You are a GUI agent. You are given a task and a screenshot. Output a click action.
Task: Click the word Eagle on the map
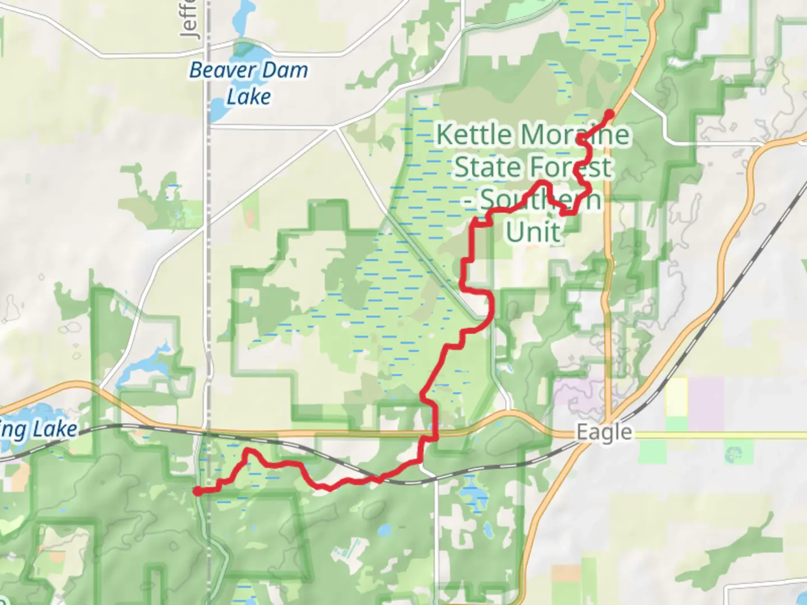(604, 432)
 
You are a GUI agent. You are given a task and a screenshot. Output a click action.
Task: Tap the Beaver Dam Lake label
(249, 83)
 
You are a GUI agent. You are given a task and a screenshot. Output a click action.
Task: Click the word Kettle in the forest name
(474, 134)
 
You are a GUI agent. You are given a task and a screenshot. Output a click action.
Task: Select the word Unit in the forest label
(534, 231)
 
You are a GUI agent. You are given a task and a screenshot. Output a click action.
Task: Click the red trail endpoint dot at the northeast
(609, 114)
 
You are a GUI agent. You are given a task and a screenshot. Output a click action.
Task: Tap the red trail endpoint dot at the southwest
(198, 491)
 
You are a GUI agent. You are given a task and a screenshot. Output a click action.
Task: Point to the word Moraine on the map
(574, 134)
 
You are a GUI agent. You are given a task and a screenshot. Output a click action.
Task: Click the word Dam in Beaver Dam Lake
(285, 70)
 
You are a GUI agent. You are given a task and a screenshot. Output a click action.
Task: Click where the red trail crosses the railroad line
(378, 478)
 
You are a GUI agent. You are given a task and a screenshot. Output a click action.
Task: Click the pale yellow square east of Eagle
(676, 397)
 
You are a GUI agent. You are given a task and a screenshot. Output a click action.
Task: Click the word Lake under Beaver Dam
(249, 96)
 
